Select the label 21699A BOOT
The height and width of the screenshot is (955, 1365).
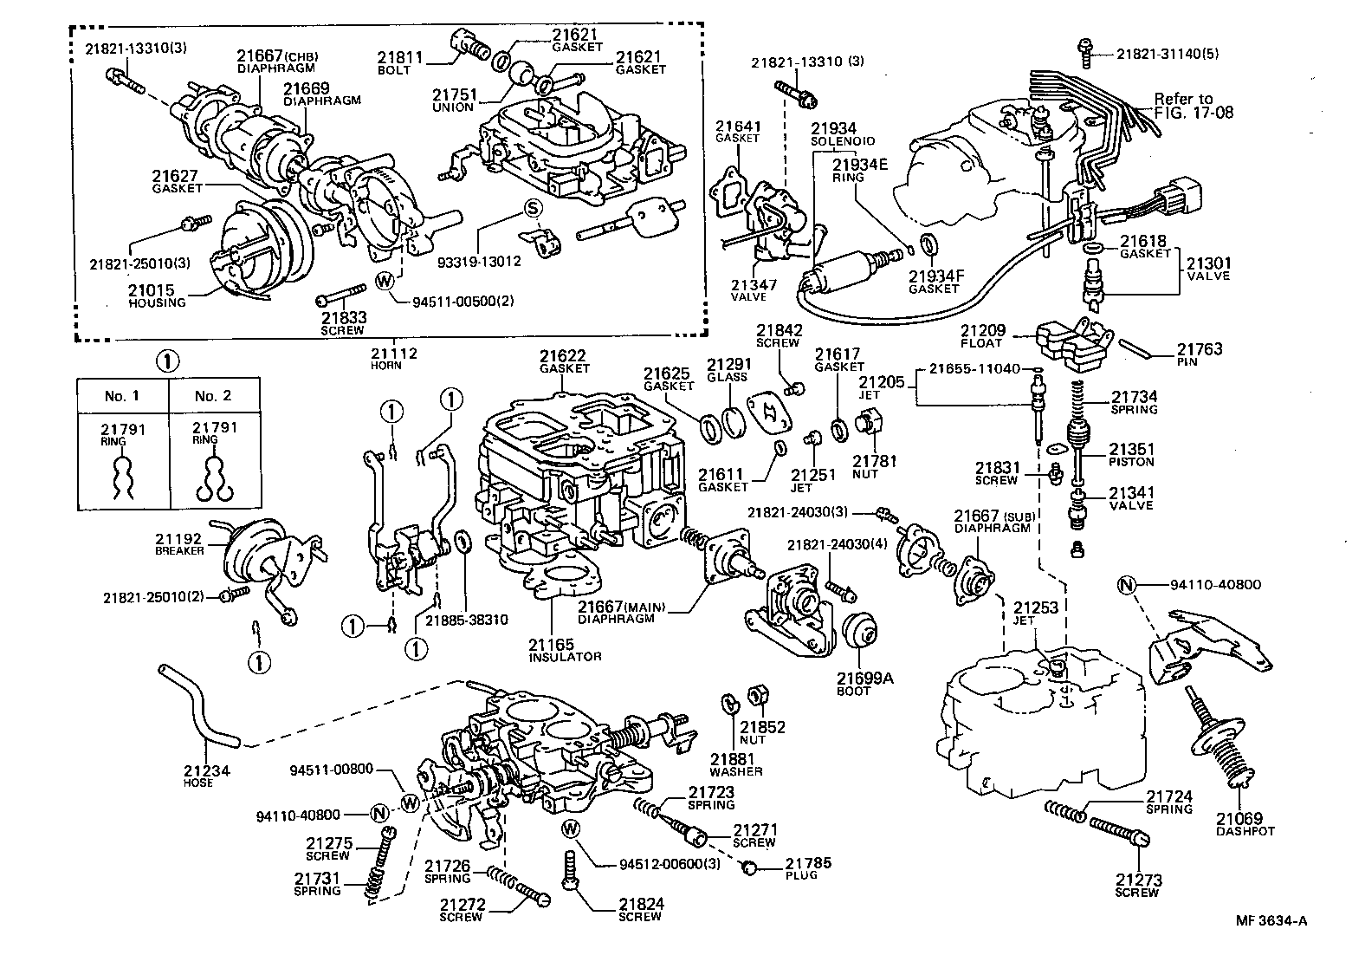[x=864, y=684]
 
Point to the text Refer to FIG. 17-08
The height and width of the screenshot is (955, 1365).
[x=1193, y=106]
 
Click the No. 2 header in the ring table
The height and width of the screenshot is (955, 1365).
[x=213, y=396]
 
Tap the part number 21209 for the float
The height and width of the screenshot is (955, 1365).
[x=982, y=331]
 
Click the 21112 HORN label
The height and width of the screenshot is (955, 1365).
[x=394, y=357]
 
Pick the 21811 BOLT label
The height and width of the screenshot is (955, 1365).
[x=400, y=62]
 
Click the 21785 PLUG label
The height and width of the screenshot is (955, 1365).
[x=808, y=867]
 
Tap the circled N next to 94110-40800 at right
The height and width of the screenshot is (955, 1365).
[x=1126, y=585]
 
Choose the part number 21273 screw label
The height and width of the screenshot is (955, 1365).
[x=1137, y=885]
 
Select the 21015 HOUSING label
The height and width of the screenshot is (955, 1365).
[x=157, y=296]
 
